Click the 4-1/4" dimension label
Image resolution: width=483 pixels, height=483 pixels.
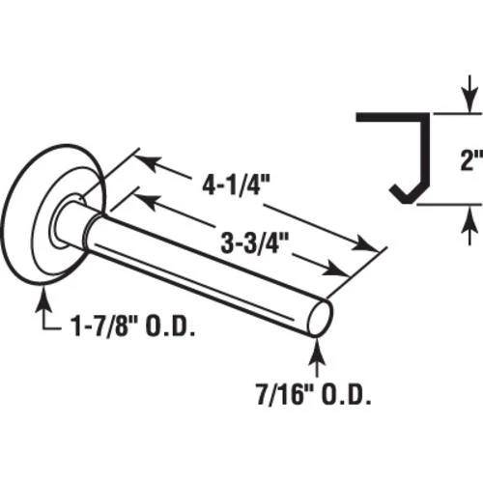click(x=236, y=185)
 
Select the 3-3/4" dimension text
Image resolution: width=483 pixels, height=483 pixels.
click(x=254, y=242)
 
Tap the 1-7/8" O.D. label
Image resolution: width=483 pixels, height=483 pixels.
click(x=133, y=327)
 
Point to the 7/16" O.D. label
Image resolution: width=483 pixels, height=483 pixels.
click(x=313, y=396)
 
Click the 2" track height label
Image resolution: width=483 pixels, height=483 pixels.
click(x=471, y=159)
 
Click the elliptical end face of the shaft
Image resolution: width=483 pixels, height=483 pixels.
click(x=320, y=319)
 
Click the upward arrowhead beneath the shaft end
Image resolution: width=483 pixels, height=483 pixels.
click(x=317, y=350)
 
